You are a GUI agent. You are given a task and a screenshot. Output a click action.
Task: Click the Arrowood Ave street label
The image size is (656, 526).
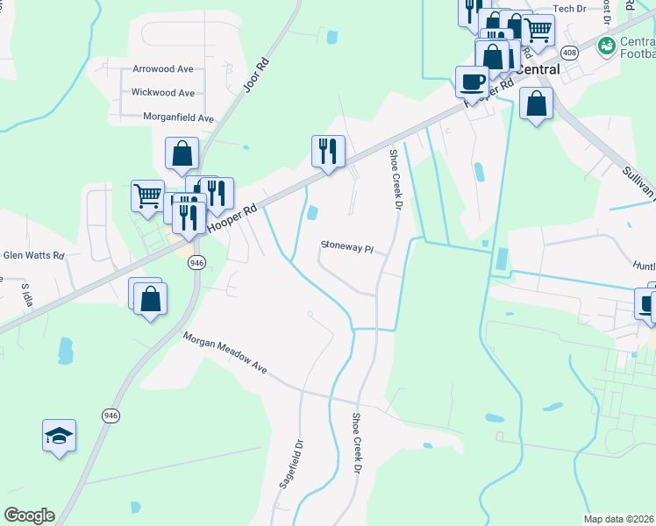(x=162, y=68)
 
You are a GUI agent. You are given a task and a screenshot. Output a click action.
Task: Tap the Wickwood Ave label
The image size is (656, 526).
(x=162, y=92)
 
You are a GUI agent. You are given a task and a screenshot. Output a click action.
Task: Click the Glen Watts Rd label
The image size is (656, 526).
(x=34, y=255)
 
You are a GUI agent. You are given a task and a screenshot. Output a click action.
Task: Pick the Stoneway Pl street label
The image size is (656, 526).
(x=347, y=246)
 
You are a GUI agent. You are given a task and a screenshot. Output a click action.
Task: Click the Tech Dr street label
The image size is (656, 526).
(x=569, y=8)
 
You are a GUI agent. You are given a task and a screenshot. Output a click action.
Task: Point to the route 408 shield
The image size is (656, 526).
(x=570, y=53)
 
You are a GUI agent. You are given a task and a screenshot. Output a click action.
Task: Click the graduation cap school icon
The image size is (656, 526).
(x=59, y=436)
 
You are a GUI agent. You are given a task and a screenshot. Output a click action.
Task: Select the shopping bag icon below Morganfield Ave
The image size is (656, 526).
(x=182, y=153)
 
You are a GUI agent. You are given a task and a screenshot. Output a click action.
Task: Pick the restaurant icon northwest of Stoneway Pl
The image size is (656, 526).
(x=328, y=151)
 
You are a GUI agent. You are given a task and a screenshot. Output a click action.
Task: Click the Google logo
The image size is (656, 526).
(x=29, y=515)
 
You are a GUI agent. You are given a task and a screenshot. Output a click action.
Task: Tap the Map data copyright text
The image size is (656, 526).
(x=619, y=519)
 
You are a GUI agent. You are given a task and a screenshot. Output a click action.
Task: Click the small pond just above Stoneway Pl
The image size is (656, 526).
(x=313, y=213)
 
